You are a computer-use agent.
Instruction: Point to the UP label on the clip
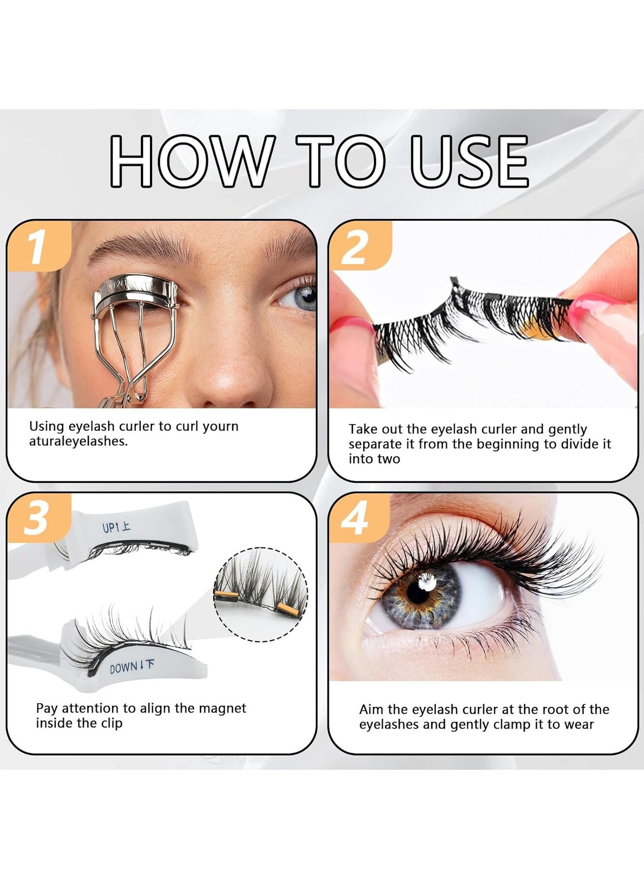pyautogui.click(x=116, y=527)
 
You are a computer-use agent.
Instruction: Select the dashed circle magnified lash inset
pyautogui.click(x=261, y=594)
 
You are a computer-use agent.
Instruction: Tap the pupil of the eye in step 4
pyautogui.click(x=420, y=590)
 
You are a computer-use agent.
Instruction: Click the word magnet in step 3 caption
pyautogui.click(x=223, y=708)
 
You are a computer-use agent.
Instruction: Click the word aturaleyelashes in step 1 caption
pyautogui.click(x=79, y=441)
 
